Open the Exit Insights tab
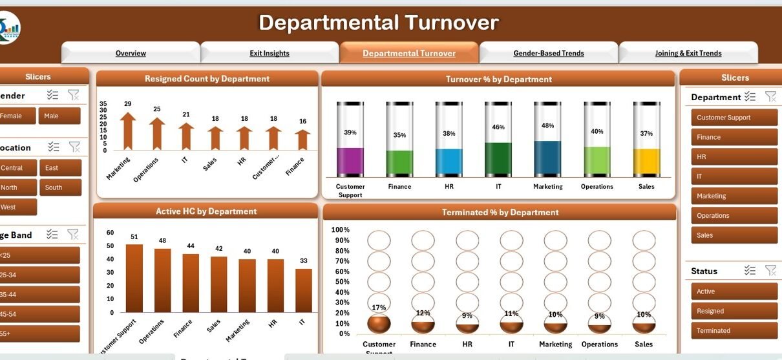coord(269,53)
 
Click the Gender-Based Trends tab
coord(549,53)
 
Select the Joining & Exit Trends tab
coord(688,53)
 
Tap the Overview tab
coord(131,53)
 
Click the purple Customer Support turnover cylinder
coord(350,161)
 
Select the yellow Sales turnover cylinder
coord(646,162)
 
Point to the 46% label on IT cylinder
coord(498,127)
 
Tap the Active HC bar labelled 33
coord(304,290)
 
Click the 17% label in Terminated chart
coord(379,308)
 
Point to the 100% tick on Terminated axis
coord(341,230)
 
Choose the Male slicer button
coord(59,116)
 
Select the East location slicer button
coord(59,168)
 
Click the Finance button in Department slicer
coord(734,137)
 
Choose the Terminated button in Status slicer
coord(734,330)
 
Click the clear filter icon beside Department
coord(770,96)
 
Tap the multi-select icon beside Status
coord(750,270)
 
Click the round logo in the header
coord(9,28)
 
